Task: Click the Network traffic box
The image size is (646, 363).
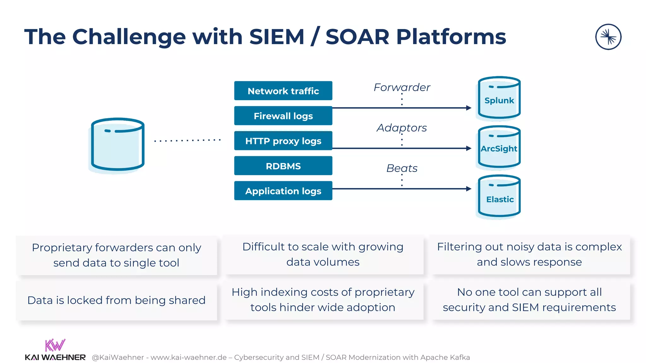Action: point(283,91)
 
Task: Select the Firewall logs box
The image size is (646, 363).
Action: point(283,116)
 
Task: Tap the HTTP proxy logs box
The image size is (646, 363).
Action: point(283,141)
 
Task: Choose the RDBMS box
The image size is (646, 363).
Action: point(283,166)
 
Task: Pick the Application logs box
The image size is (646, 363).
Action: point(283,191)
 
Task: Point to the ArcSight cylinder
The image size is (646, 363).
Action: point(499,147)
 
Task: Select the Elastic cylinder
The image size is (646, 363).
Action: point(499,197)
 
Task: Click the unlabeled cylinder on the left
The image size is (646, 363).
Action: point(118,145)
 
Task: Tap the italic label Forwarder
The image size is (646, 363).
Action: point(402,87)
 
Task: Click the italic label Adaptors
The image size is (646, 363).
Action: point(402,128)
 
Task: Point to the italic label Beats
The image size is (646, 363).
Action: point(402,168)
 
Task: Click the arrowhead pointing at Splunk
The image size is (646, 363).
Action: point(469,108)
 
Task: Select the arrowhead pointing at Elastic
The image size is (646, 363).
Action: point(469,189)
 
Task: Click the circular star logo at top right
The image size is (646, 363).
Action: point(608,37)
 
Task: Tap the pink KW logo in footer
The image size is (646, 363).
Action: point(55,345)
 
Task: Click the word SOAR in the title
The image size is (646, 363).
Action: point(357,37)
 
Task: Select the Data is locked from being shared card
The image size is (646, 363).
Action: point(116,301)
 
